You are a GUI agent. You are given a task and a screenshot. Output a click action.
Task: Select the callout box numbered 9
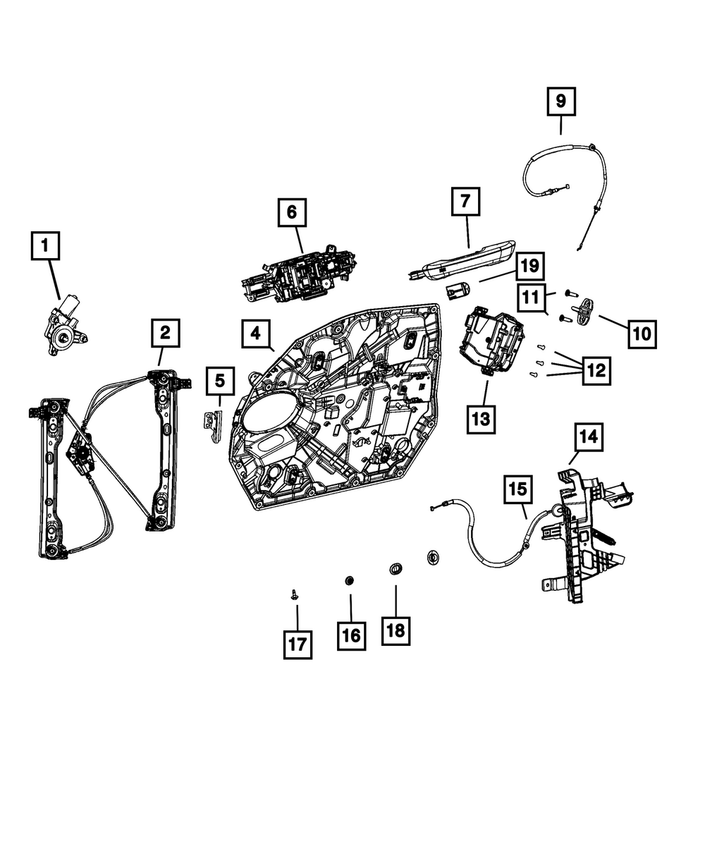coord(560,102)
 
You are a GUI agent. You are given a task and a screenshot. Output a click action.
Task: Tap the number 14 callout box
coord(589,438)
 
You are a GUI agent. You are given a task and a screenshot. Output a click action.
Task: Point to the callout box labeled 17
coord(298,644)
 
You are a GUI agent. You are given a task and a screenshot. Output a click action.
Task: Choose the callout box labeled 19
coord(530,266)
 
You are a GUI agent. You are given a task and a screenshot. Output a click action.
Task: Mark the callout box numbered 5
coord(220,381)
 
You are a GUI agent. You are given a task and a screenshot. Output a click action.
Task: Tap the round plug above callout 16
coord(350,580)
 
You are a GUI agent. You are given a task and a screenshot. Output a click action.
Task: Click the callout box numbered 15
coord(517,489)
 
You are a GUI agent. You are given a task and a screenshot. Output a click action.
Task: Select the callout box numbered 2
coord(164,332)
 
